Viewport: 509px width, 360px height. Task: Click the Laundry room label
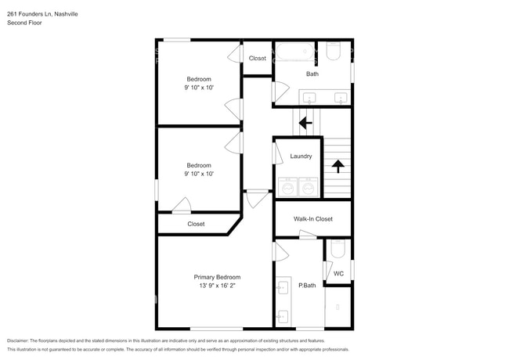[301, 157]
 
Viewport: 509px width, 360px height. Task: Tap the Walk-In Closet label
[313, 219]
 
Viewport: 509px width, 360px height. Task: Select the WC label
[338, 274]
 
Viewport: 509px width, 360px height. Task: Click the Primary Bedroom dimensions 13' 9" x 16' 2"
[217, 286]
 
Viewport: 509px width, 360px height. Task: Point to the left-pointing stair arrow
[305, 123]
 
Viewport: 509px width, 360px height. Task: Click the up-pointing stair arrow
[338, 166]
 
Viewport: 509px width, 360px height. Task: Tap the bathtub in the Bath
[295, 52]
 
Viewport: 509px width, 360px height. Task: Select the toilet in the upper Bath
[333, 51]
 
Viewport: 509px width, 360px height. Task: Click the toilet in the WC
[338, 249]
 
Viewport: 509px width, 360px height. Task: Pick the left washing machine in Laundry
[287, 187]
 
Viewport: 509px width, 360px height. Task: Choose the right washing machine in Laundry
[309, 187]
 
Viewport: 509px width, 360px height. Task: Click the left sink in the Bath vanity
[309, 98]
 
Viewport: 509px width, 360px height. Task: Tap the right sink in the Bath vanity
[341, 98]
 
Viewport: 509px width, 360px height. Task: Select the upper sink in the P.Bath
[282, 288]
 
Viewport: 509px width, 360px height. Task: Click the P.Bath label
[307, 286]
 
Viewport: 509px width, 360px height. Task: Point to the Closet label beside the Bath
[258, 59]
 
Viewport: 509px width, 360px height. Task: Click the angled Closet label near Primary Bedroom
[196, 224]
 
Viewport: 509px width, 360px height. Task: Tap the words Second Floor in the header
[24, 23]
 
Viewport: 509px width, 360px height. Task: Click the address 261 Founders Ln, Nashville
[42, 14]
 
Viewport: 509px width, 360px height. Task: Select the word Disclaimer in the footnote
[18, 341]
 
